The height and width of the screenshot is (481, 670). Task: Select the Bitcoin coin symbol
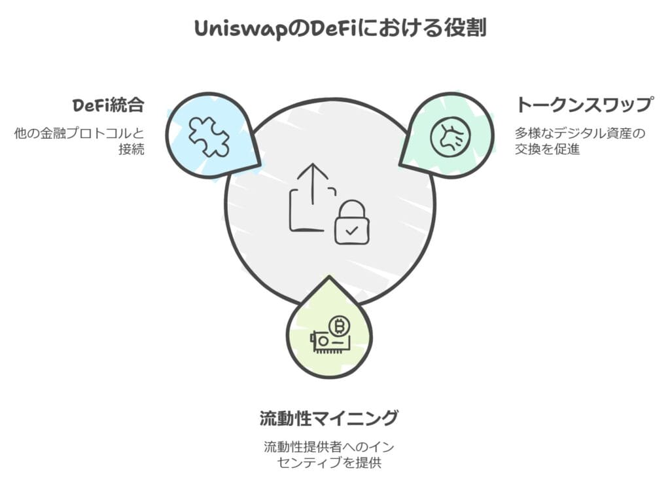click(339, 325)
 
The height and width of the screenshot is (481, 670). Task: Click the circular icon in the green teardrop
click(450, 137)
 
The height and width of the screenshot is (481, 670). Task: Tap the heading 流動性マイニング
click(328, 418)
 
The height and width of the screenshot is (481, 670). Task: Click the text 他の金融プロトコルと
click(79, 132)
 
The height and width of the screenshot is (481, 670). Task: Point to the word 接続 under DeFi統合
click(132, 149)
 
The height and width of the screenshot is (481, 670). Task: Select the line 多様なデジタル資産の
click(580, 133)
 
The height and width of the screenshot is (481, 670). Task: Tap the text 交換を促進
click(547, 150)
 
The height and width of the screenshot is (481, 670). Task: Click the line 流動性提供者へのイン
click(328, 447)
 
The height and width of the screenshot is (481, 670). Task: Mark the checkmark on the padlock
click(351, 230)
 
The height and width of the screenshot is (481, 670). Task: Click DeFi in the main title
click(318, 29)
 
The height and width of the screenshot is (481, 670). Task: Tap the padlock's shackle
click(351, 207)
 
